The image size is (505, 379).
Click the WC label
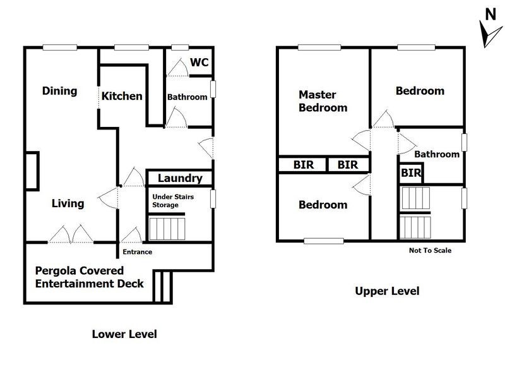[199, 62]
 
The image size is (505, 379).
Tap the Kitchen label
[122, 96]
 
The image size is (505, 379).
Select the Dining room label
[59, 91]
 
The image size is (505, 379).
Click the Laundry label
[180, 178]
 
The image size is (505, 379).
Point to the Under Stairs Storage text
[173, 201]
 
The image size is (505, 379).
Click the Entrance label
[137, 252]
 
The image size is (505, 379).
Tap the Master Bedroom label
[323, 101]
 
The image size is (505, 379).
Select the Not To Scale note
[430, 250]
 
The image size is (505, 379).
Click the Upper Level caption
[387, 291]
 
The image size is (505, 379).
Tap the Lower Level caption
[124, 334]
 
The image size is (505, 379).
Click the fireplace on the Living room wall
[32, 171]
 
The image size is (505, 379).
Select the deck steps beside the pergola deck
[162, 287]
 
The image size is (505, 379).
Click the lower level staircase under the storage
[167, 229]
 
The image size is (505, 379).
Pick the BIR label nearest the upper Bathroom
[411, 173]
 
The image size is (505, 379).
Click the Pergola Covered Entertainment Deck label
[89, 277]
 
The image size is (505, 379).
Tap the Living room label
[68, 203]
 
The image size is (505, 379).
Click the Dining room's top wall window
[60, 48]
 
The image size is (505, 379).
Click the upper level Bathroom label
[437, 154]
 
